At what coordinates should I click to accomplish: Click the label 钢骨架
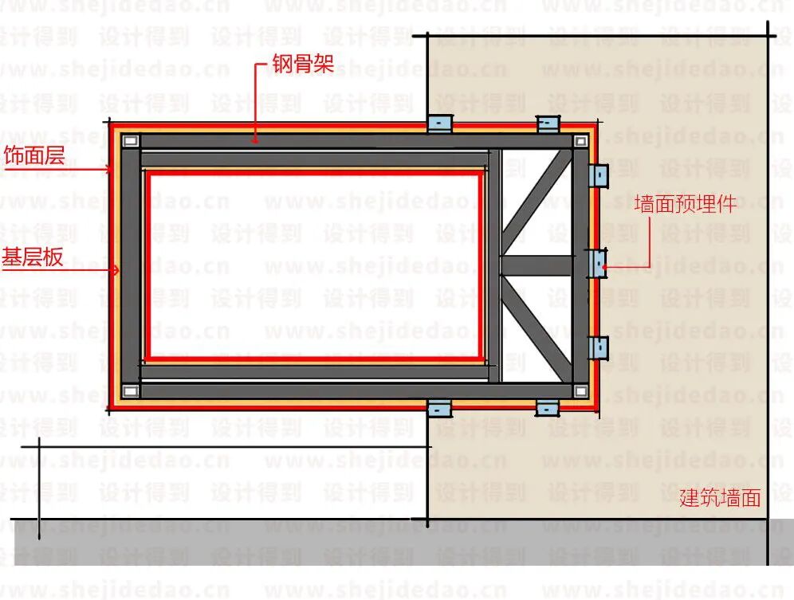(302, 65)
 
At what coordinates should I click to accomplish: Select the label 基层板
(33, 257)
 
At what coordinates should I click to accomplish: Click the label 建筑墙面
(719, 499)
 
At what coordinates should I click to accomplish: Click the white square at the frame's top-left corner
(131, 141)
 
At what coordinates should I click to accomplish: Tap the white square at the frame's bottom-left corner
(131, 391)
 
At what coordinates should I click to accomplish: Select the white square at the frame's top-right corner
(580, 141)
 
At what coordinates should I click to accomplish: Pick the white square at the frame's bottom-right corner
(580, 391)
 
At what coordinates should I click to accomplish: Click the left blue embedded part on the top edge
(439, 124)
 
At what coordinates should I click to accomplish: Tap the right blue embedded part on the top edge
(548, 124)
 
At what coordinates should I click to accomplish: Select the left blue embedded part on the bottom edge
(439, 409)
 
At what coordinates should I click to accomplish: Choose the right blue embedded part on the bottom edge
(548, 408)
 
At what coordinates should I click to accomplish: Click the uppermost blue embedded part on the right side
(598, 175)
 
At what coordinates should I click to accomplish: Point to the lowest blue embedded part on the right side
(598, 347)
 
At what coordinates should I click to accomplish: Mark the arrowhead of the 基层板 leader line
(117, 271)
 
